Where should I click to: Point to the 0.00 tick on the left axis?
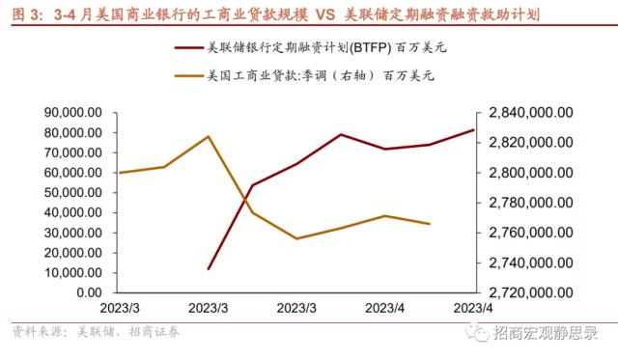88,292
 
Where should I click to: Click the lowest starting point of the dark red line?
209,269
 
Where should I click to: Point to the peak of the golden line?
210,136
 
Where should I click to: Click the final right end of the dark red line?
474,129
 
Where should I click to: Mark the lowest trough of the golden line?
296,238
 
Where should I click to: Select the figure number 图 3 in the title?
25,15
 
